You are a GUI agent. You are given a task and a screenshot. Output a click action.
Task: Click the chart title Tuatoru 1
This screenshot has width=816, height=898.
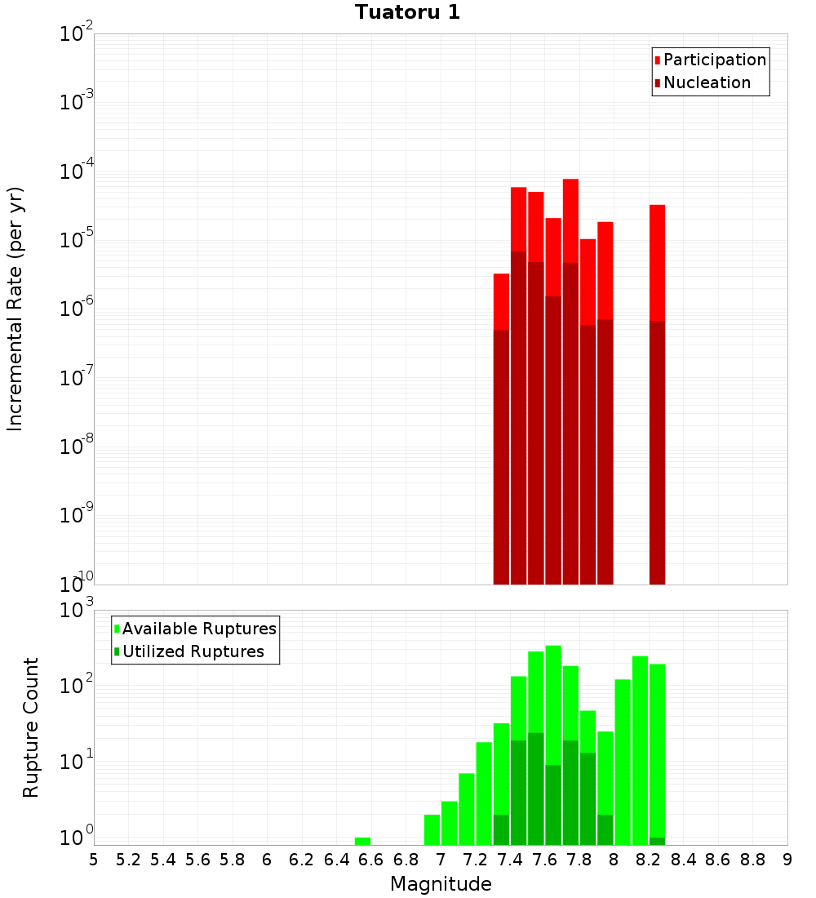pyautogui.click(x=407, y=12)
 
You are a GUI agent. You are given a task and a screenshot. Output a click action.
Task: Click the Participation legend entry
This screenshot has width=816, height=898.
pyautogui.click(x=715, y=60)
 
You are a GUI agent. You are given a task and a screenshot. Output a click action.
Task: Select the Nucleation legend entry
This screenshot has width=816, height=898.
pyautogui.click(x=707, y=82)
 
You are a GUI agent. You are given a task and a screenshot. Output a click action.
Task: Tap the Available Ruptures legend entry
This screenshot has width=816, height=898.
pyautogui.click(x=199, y=629)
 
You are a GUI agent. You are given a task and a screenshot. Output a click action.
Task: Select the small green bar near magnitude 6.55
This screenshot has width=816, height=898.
pyautogui.click(x=362, y=841)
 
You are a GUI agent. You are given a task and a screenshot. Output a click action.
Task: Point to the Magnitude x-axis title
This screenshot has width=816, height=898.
pyautogui.click(x=441, y=884)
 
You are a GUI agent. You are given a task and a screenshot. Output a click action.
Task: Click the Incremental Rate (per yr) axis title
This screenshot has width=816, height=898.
pyautogui.click(x=16, y=309)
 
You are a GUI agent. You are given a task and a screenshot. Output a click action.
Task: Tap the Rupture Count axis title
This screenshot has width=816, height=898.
pyautogui.click(x=31, y=727)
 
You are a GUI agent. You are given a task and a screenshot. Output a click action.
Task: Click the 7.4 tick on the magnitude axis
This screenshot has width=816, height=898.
pyautogui.click(x=510, y=860)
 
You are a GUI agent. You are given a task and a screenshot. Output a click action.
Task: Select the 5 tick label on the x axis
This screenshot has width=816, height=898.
pyautogui.click(x=94, y=860)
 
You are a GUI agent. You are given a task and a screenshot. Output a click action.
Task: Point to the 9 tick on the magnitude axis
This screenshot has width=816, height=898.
pyautogui.click(x=787, y=860)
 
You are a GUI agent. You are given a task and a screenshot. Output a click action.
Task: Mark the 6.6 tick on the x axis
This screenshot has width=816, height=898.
pyautogui.click(x=371, y=860)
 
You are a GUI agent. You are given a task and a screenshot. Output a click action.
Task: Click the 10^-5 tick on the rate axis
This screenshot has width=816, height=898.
pyautogui.click(x=78, y=240)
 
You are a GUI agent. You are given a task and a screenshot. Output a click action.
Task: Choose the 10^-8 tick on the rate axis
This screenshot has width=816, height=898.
pyautogui.click(x=78, y=447)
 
